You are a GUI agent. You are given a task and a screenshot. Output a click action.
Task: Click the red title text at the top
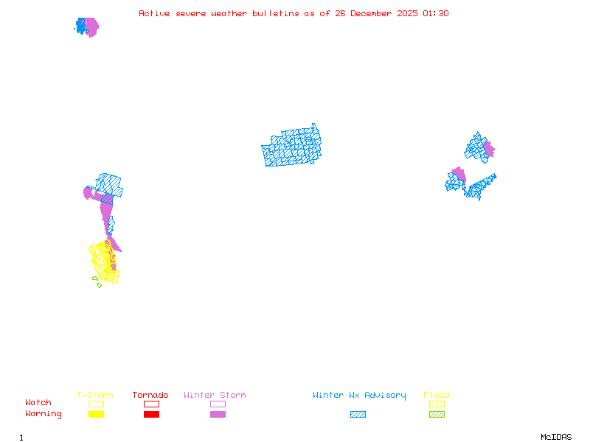(294, 13)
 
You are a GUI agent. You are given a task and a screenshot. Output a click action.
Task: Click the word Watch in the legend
(38, 403)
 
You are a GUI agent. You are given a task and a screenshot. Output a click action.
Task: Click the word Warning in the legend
(44, 414)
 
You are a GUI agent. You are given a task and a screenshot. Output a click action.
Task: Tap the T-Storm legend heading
(95, 396)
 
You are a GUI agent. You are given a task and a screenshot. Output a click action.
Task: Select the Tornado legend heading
(150, 396)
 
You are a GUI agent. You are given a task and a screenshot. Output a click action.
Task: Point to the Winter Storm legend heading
(215, 396)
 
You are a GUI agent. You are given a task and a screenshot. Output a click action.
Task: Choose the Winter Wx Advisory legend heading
(359, 396)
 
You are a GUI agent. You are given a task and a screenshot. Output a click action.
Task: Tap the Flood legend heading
(437, 396)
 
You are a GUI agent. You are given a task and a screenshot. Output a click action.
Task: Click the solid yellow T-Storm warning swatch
(96, 414)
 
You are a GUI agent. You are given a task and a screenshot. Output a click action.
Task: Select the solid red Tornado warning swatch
(151, 414)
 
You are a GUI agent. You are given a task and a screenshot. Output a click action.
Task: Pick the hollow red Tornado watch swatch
(151, 404)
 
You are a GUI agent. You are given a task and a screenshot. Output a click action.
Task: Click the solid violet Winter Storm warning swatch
(218, 414)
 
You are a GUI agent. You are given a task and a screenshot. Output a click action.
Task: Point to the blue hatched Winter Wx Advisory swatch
(358, 414)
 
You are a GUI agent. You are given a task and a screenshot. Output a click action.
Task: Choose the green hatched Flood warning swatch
(437, 414)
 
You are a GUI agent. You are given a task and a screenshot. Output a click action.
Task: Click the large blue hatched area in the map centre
(292, 147)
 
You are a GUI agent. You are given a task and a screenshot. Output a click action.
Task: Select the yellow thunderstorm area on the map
(103, 262)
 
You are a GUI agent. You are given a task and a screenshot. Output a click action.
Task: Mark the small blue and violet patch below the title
(87, 27)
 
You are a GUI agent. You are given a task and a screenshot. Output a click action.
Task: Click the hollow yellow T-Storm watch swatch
(96, 404)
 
